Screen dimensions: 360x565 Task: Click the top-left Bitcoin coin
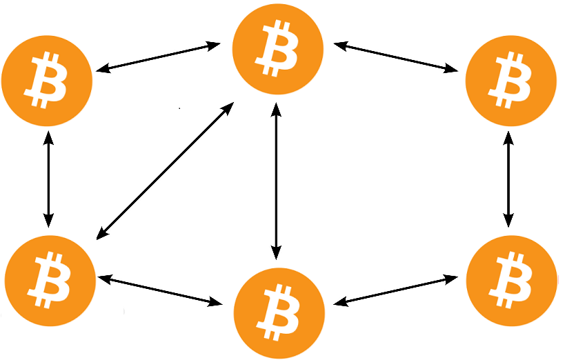(x=47, y=81)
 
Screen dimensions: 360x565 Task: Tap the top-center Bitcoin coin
(x=277, y=48)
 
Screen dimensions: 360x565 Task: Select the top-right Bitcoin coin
(x=511, y=81)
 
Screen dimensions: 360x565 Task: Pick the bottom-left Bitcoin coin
(x=50, y=280)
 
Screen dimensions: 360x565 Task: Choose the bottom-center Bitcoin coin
(x=279, y=312)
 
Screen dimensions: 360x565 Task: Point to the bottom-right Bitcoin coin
(x=511, y=280)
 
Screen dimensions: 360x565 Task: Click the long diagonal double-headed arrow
(x=165, y=171)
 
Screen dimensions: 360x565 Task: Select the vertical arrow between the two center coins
(x=276, y=181)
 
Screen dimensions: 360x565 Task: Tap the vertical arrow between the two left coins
(x=48, y=179)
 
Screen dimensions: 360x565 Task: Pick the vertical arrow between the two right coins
(x=508, y=179)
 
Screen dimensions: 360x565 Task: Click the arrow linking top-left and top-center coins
(x=158, y=57)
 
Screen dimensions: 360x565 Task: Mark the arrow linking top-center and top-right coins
(x=396, y=57)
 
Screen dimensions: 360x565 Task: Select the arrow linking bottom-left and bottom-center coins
(x=160, y=290)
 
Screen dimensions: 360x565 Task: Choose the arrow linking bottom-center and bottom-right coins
(x=395, y=290)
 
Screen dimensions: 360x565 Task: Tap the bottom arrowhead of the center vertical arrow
(x=276, y=254)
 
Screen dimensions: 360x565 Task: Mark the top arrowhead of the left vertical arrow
(x=48, y=136)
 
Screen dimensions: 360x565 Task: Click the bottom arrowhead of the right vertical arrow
(x=508, y=221)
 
